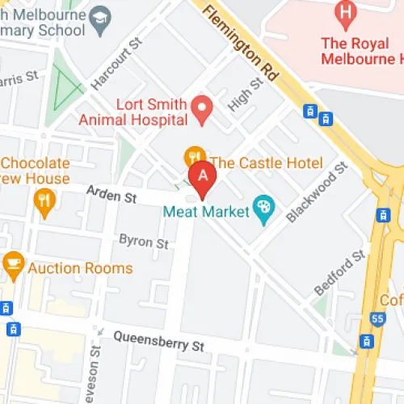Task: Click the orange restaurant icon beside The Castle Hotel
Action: (194, 154)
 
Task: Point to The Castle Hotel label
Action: (266, 163)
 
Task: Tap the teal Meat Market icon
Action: (263, 208)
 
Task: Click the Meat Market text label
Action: (206, 213)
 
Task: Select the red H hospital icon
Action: (346, 12)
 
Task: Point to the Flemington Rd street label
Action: (241, 43)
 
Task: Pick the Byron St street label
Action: (144, 241)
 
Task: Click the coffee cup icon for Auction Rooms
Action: (13, 261)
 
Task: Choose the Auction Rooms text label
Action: (80, 267)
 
